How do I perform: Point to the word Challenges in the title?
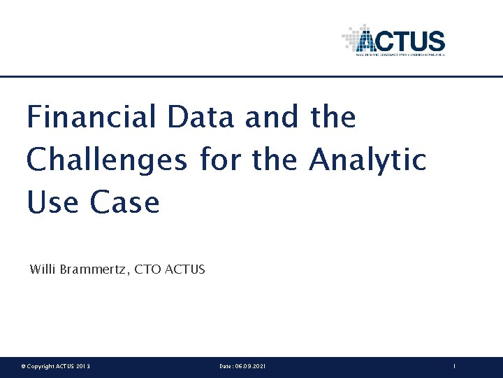click(x=107, y=160)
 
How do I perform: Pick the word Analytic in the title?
click(x=367, y=160)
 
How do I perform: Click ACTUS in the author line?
click(x=185, y=269)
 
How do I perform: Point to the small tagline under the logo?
click(x=400, y=53)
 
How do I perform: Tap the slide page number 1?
click(x=454, y=367)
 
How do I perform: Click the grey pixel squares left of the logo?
click(x=349, y=38)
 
